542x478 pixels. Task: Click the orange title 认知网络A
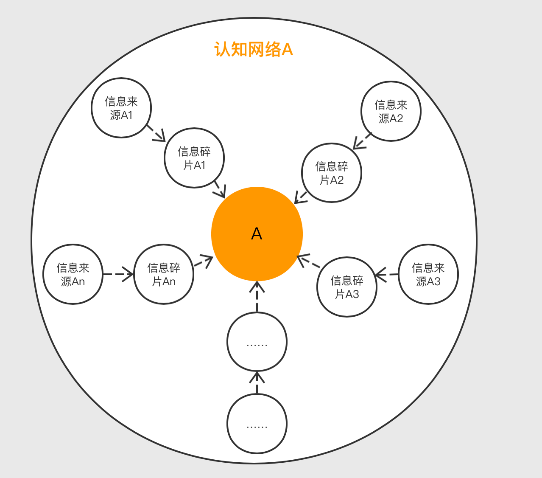coord(254,50)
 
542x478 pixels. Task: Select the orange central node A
coord(257,234)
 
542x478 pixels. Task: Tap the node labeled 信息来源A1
coord(121,108)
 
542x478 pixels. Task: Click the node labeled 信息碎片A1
coord(194,158)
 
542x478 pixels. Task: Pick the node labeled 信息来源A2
coord(391,111)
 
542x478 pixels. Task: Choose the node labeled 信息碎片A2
coord(332,173)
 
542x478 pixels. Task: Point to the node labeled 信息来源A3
coord(428,274)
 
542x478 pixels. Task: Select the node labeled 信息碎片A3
coord(347,287)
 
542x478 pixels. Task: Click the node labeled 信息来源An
coord(73,274)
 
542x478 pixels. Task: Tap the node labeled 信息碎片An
coord(164,274)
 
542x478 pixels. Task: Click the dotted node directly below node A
coord(257,342)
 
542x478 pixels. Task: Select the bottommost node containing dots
coord(257,424)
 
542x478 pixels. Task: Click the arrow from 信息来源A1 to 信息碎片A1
coord(156,133)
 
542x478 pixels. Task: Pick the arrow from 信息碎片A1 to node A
coord(220,189)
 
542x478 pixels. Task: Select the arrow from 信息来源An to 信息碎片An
coord(118,274)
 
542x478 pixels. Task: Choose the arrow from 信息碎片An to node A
coord(203,262)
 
